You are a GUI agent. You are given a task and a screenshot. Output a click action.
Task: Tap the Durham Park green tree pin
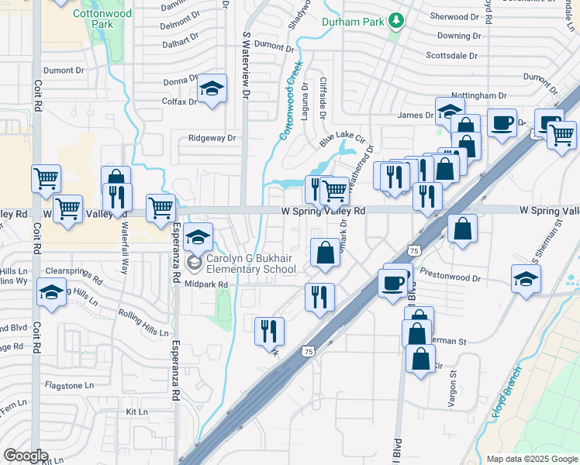397,20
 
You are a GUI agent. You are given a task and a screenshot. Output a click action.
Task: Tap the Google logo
26,456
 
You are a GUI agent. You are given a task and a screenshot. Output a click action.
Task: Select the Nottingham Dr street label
481,96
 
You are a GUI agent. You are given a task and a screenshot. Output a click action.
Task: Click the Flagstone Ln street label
68,384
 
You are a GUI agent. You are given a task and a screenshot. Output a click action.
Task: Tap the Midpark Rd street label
205,284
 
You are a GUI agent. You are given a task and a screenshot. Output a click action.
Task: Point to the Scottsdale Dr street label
454,56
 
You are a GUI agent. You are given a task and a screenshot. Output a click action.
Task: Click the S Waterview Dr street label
247,66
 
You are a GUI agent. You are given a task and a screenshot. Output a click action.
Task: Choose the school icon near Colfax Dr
211,91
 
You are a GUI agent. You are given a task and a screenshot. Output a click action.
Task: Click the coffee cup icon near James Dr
502,122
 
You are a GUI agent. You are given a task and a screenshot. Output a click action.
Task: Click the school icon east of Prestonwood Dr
526,279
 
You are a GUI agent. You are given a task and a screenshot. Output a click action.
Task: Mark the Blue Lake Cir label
342,139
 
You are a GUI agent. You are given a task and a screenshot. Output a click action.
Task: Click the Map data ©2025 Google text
532,459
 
